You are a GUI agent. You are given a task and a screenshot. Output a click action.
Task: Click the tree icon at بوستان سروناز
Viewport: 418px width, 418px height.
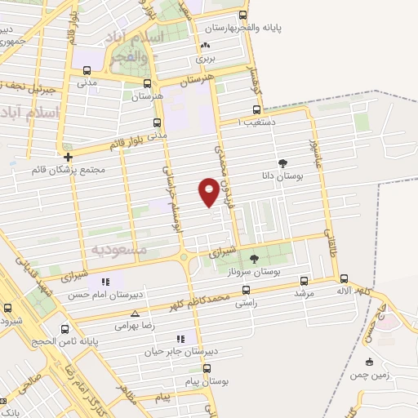click(254, 259)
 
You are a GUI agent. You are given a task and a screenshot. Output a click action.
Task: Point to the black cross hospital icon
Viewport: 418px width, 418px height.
click(68, 156)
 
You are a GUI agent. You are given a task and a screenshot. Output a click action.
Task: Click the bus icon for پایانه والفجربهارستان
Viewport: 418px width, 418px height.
click(242, 15)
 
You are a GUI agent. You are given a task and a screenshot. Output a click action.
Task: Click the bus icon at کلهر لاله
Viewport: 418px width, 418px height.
click(344, 278)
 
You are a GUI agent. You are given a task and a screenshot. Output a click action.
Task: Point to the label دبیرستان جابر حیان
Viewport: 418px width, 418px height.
click(171, 352)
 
